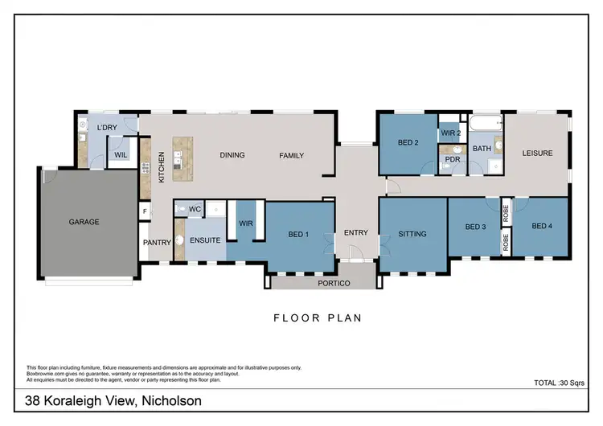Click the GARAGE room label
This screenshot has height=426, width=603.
point(84,222)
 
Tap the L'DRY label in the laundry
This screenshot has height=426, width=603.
point(107,129)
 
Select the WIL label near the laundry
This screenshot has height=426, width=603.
point(121,154)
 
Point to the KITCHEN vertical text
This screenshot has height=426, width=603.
point(162,167)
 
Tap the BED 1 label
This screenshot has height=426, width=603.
point(300,235)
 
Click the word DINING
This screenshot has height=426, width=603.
point(232,155)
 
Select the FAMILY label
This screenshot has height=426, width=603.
point(291,155)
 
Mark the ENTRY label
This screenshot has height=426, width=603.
point(355,233)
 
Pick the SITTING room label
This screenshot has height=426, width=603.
point(412,234)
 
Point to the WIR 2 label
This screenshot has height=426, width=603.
point(449,133)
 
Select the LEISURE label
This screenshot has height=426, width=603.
point(537,154)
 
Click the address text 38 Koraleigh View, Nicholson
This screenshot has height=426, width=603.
point(113,401)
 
